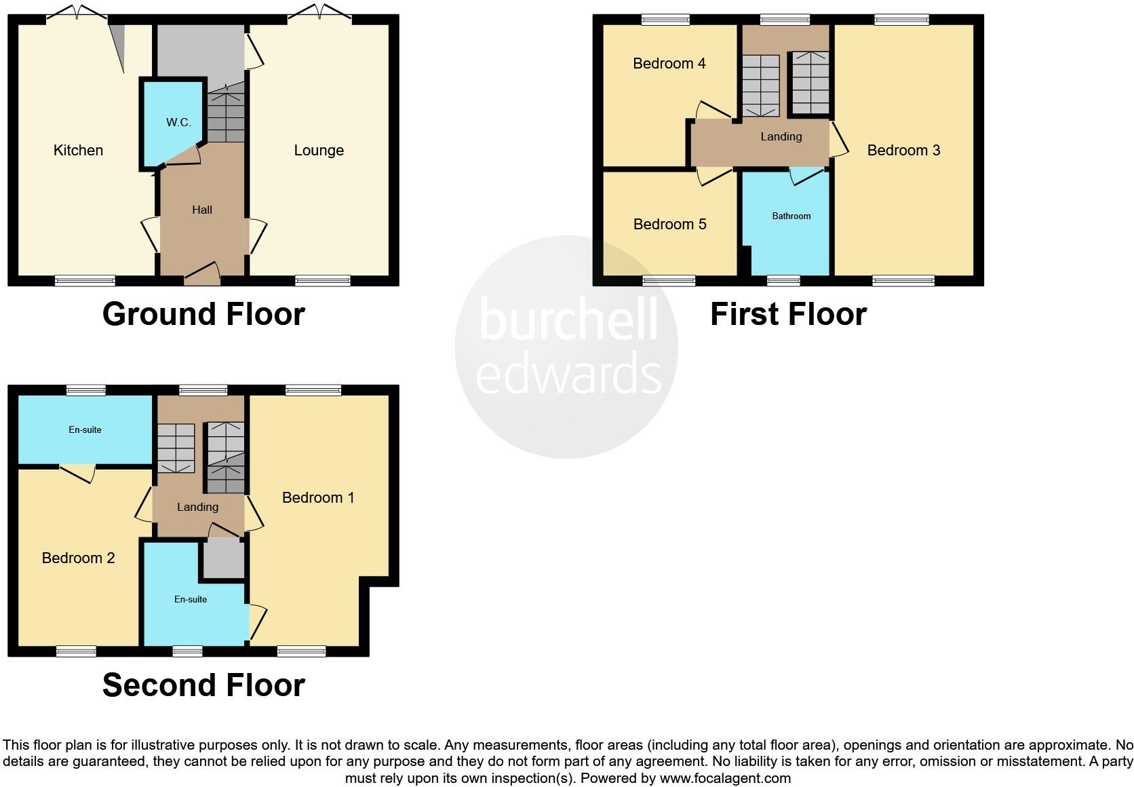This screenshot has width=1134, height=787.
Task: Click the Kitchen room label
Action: (78, 151)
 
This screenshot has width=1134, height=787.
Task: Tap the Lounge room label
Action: (319, 151)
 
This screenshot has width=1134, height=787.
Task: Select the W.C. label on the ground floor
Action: (178, 123)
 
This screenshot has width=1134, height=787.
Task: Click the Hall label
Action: (202, 210)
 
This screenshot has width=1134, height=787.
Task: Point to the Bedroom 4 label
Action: (669, 64)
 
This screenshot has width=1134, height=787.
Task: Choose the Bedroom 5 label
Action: (669, 225)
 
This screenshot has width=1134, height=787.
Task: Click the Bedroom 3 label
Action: (903, 151)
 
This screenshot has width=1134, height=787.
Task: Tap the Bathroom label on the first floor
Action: (791, 216)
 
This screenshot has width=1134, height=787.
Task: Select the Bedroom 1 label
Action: (318, 498)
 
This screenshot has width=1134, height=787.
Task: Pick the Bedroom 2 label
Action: (78, 558)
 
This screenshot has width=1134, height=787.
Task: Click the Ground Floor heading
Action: (203, 314)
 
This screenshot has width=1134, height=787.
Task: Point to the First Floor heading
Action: (788, 314)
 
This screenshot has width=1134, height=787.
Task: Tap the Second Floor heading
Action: (203, 685)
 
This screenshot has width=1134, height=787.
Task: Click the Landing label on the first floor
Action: (781, 137)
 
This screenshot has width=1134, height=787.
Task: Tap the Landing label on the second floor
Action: (197, 507)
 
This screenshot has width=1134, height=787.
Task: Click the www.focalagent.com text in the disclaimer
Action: (725, 778)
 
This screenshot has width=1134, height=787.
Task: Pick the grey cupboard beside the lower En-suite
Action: (223, 559)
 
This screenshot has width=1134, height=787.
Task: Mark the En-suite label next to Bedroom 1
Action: (191, 600)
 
